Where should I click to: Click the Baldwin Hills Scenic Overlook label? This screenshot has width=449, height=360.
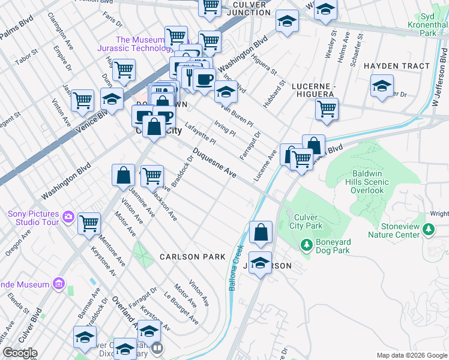(x=367, y=182)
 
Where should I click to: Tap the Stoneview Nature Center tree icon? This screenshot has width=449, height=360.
(x=429, y=229)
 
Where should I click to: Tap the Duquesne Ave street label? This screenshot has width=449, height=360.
(x=214, y=163)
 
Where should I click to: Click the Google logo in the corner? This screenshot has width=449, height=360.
(x=19, y=353)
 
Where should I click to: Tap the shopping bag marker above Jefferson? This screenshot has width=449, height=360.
(x=261, y=233)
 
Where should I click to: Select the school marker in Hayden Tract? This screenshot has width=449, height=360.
(x=382, y=86)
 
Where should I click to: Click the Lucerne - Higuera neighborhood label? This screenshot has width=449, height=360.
(x=312, y=91)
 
